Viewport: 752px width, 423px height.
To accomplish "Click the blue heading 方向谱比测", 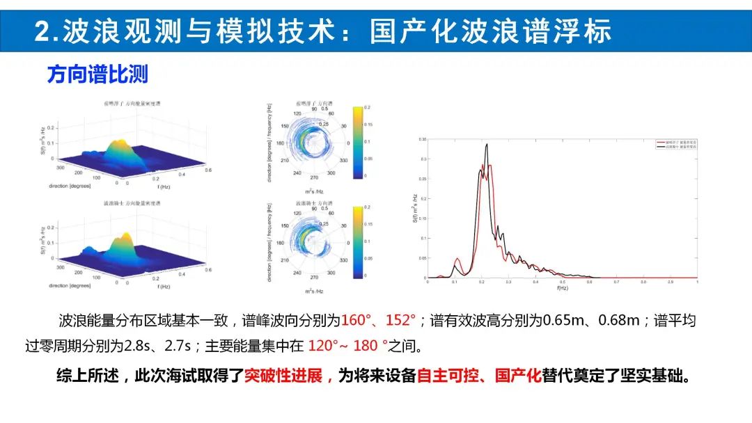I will pyautogui.click(x=97, y=74).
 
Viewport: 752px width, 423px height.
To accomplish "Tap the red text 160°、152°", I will pyautogui.click(x=378, y=321).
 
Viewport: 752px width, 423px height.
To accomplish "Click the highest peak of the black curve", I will pyautogui.click(x=487, y=145).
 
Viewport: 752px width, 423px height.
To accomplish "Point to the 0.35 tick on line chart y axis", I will pyautogui.click(x=422, y=139).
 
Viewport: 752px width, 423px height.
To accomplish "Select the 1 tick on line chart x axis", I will pyautogui.click(x=696, y=282).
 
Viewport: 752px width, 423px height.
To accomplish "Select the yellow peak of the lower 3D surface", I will pyautogui.click(x=124, y=240).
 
